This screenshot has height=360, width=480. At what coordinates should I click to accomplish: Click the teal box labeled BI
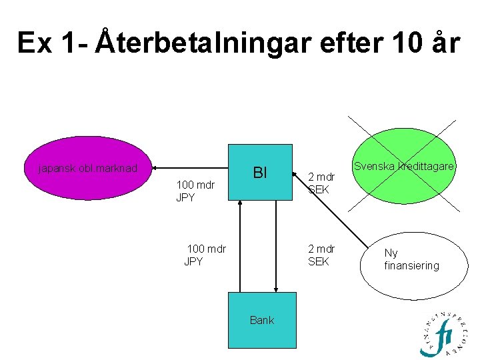(x=260, y=172)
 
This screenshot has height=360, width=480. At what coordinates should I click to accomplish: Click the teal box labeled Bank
(x=261, y=320)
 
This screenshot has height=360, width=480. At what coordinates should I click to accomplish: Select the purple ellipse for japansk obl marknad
(x=88, y=168)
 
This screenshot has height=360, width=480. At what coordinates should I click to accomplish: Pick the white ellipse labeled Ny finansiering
(x=411, y=259)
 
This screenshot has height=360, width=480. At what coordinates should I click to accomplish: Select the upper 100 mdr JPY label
(x=195, y=191)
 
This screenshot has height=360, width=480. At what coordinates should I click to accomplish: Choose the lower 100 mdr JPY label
(x=205, y=255)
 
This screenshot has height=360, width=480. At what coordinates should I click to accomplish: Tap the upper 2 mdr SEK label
(x=321, y=183)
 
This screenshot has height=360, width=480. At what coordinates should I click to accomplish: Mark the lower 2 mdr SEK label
(x=321, y=255)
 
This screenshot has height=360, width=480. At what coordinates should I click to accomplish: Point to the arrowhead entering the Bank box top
(x=275, y=290)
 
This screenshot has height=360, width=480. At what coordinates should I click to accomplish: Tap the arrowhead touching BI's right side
(x=295, y=172)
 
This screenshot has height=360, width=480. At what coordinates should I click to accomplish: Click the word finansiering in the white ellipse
(x=411, y=265)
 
